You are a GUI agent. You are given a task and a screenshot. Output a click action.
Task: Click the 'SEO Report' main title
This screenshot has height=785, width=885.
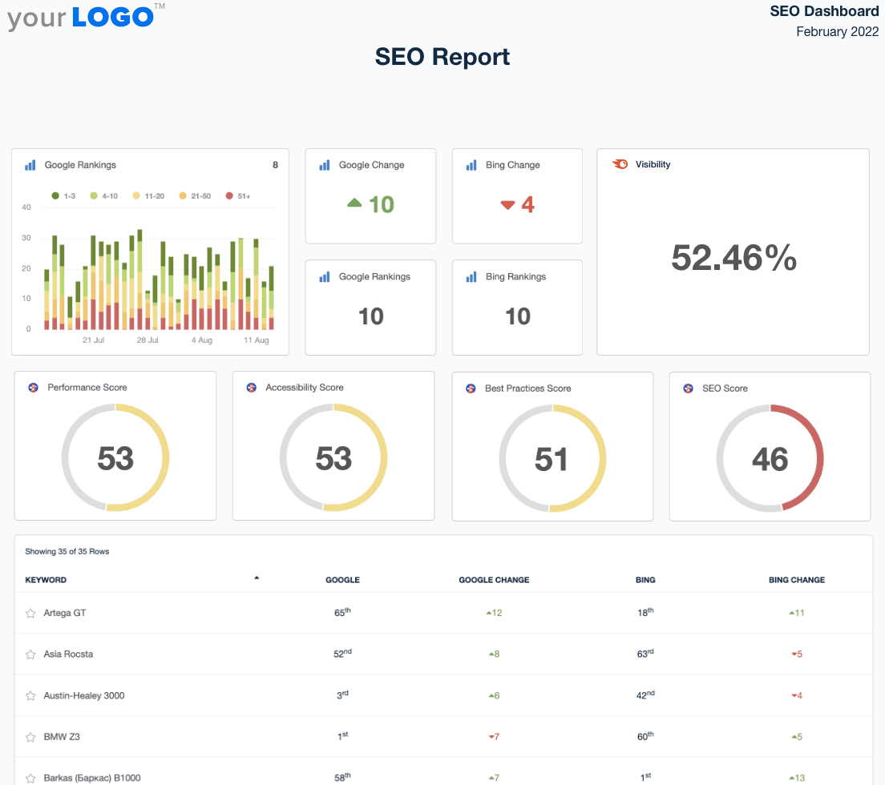coord(442,57)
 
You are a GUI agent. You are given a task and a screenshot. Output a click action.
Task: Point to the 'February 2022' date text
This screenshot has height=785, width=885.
coord(837,32)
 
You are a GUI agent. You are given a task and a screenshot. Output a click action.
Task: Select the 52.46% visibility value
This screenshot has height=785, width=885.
coord(733,258)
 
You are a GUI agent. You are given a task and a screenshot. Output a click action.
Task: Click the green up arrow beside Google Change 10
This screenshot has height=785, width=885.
coord(354,204)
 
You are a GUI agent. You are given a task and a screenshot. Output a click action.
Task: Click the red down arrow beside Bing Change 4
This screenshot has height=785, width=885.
coord(507,205)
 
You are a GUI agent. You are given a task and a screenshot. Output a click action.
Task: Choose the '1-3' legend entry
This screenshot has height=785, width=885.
coord(63,195)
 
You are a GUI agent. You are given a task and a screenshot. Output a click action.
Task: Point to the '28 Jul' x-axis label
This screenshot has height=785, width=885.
coord(147,340)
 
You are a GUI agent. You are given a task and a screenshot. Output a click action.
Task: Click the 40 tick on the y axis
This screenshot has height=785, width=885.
coord(26,207)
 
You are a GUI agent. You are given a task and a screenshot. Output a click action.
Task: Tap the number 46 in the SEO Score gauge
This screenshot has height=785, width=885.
coord(770,459)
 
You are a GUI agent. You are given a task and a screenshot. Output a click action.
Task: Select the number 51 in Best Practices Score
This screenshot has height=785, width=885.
coord(552,459)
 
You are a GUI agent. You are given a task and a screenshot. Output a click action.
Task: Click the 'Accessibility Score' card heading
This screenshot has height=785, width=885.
coord(305,388)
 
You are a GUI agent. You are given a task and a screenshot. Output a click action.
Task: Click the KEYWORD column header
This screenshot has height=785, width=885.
coord(46,580)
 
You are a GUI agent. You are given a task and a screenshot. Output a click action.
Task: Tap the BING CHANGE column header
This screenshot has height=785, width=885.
coord(796,580)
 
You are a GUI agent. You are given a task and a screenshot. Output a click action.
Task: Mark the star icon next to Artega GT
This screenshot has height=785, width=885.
coord(30,614)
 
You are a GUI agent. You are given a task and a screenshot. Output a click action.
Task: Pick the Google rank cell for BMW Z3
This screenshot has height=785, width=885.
coord(342,736)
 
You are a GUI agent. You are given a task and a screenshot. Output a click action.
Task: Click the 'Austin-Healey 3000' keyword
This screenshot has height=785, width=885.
coord(84,695)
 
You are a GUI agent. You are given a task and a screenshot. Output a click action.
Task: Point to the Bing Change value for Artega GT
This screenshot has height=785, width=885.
coord(796,613)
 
